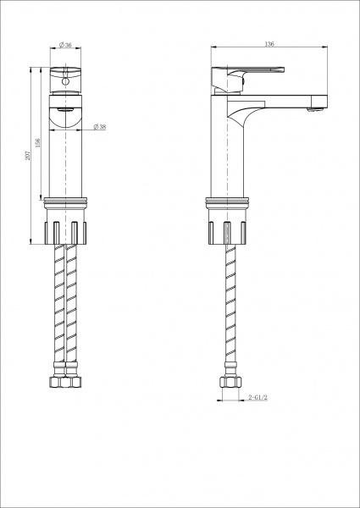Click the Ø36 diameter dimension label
65,45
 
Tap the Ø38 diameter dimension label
100,127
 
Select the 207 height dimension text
28,156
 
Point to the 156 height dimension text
38,143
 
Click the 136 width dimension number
269,44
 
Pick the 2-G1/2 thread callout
258,397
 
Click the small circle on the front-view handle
65,81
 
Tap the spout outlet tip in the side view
315,110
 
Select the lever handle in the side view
248,73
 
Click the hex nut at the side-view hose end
230,382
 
